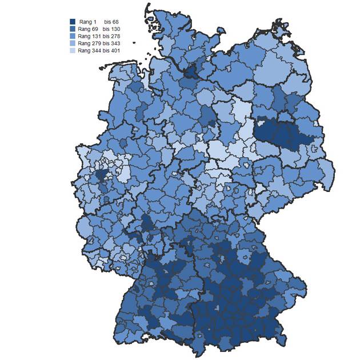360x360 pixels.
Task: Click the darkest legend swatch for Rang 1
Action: (73, 21)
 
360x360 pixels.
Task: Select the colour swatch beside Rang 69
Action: (73, 29)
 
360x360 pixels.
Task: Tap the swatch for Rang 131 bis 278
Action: (73, 36)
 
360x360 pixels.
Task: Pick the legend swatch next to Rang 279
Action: (73, 43)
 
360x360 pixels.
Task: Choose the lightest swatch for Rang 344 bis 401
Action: (73, 50)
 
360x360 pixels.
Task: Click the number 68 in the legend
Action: (115, 21)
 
